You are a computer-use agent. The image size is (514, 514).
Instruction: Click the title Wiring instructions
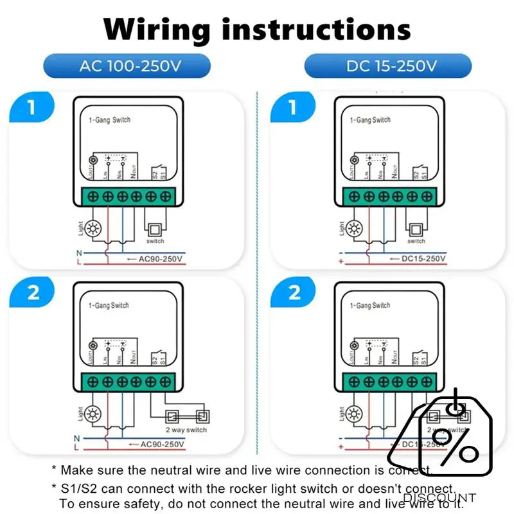[257, 29]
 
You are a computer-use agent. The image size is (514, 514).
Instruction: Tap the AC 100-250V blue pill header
[127, 66]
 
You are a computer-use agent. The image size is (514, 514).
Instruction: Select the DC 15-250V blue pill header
[387, 66]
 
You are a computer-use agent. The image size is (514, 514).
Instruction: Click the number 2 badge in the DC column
[292, 294]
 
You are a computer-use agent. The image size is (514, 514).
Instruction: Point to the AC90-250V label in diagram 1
[161, 259]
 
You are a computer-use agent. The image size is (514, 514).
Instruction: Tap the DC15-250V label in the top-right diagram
[423, 259]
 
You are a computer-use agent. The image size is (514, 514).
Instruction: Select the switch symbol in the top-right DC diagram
[416, 229]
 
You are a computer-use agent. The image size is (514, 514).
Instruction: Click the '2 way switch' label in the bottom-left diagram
[186, 430]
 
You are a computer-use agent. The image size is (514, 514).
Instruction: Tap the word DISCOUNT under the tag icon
[439, 497]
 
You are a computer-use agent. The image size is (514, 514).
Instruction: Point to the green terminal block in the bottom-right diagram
[390, 381]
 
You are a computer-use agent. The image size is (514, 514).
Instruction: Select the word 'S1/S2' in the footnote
[76, 488]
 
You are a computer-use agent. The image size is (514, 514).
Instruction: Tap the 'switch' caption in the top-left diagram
[155, 242]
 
